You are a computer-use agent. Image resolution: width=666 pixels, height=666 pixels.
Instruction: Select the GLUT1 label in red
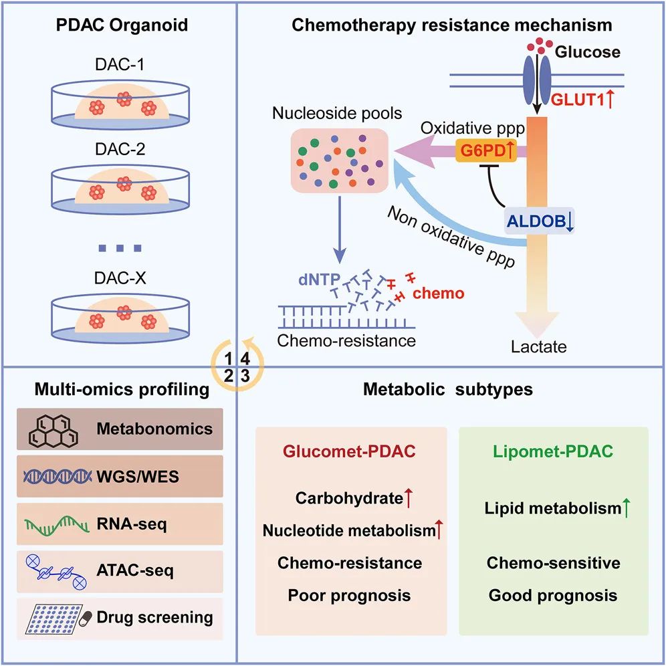[578, 99]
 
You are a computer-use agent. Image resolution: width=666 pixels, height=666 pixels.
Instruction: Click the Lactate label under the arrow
[539, 347]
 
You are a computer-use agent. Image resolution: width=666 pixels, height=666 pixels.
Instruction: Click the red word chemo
[439, 293]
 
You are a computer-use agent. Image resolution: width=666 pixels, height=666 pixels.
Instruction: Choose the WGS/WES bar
[120, 476]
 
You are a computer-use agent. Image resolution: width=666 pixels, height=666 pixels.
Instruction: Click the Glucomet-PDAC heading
[349, 452]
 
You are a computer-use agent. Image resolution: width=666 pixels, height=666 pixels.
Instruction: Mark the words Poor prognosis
[349, 594]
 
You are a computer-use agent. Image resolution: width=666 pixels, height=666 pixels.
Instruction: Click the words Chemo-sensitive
[553, 562]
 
